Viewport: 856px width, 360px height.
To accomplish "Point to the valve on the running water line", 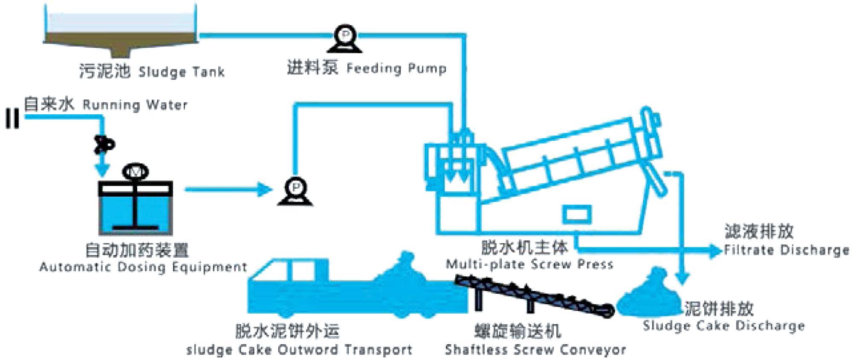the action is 103,144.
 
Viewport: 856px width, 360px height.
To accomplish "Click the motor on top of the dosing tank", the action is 135,172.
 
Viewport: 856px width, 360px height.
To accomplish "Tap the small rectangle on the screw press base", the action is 576,215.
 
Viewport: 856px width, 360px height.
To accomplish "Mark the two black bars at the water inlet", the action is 12,119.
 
